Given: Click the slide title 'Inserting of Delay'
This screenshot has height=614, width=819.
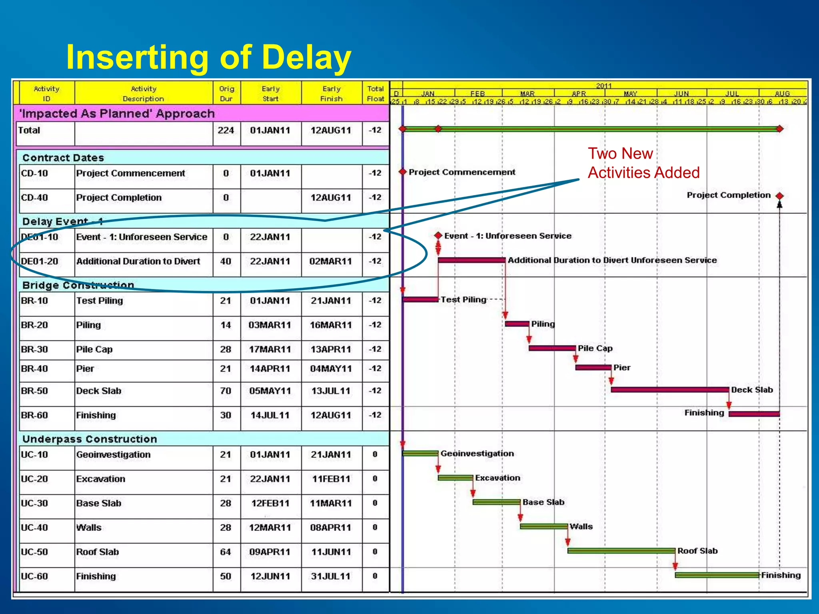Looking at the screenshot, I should pyautogui.click(x=208, y=57).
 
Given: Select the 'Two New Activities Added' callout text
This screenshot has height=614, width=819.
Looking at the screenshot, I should pyautogui.click(x=643, y=163).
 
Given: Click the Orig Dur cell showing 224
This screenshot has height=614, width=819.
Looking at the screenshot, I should pyautogui.click(x=226, y=130).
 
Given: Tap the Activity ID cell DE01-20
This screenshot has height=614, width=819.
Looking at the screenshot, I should pyautogui.click(x=40, y=261).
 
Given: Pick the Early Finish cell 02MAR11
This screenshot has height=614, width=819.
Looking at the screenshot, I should pyautogui.click(x=331, y=261).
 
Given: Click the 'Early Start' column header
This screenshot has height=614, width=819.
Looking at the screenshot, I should pyautogui.click(x=271, y=94).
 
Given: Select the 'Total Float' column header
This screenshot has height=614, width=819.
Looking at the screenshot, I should pyautogui.click(x=376, y=94).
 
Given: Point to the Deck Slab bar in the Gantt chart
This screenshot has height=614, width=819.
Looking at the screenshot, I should pyautogui.click(x=669, y=389).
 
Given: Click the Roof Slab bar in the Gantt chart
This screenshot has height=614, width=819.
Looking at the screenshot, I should pyautogui.click(x=621, y=551).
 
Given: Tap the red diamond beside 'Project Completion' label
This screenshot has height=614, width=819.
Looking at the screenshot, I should pyautogui.click(x=779, y=196).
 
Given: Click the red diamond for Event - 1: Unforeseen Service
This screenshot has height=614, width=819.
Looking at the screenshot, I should pyautogui.click(x=438, y=235).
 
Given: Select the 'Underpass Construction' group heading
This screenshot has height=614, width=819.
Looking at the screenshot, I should pyautogui.click(x=90, y=439).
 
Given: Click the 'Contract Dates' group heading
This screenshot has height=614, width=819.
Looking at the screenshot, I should pyautogui.click(x=63, y=158).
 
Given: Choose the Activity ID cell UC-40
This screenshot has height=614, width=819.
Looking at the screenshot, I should pyautogui.click(x=34, y=528).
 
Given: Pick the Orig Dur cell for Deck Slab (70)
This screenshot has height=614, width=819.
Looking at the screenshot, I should pyautogui.click(x=226, y=391).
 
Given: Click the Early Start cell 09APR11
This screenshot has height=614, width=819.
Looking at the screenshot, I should pyautogui.click(x=270, y=552).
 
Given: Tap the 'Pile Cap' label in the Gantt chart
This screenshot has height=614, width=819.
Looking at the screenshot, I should pyautogui.click(x=595, y=348).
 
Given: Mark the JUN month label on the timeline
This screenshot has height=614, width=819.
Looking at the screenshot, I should pyautogui.click(x=681, y=94).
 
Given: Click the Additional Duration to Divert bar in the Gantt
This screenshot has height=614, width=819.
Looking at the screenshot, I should pyautogui.click(x=471, y=260).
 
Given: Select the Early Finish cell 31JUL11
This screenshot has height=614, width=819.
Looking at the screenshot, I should pyautogui.click(x=331, y=576).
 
